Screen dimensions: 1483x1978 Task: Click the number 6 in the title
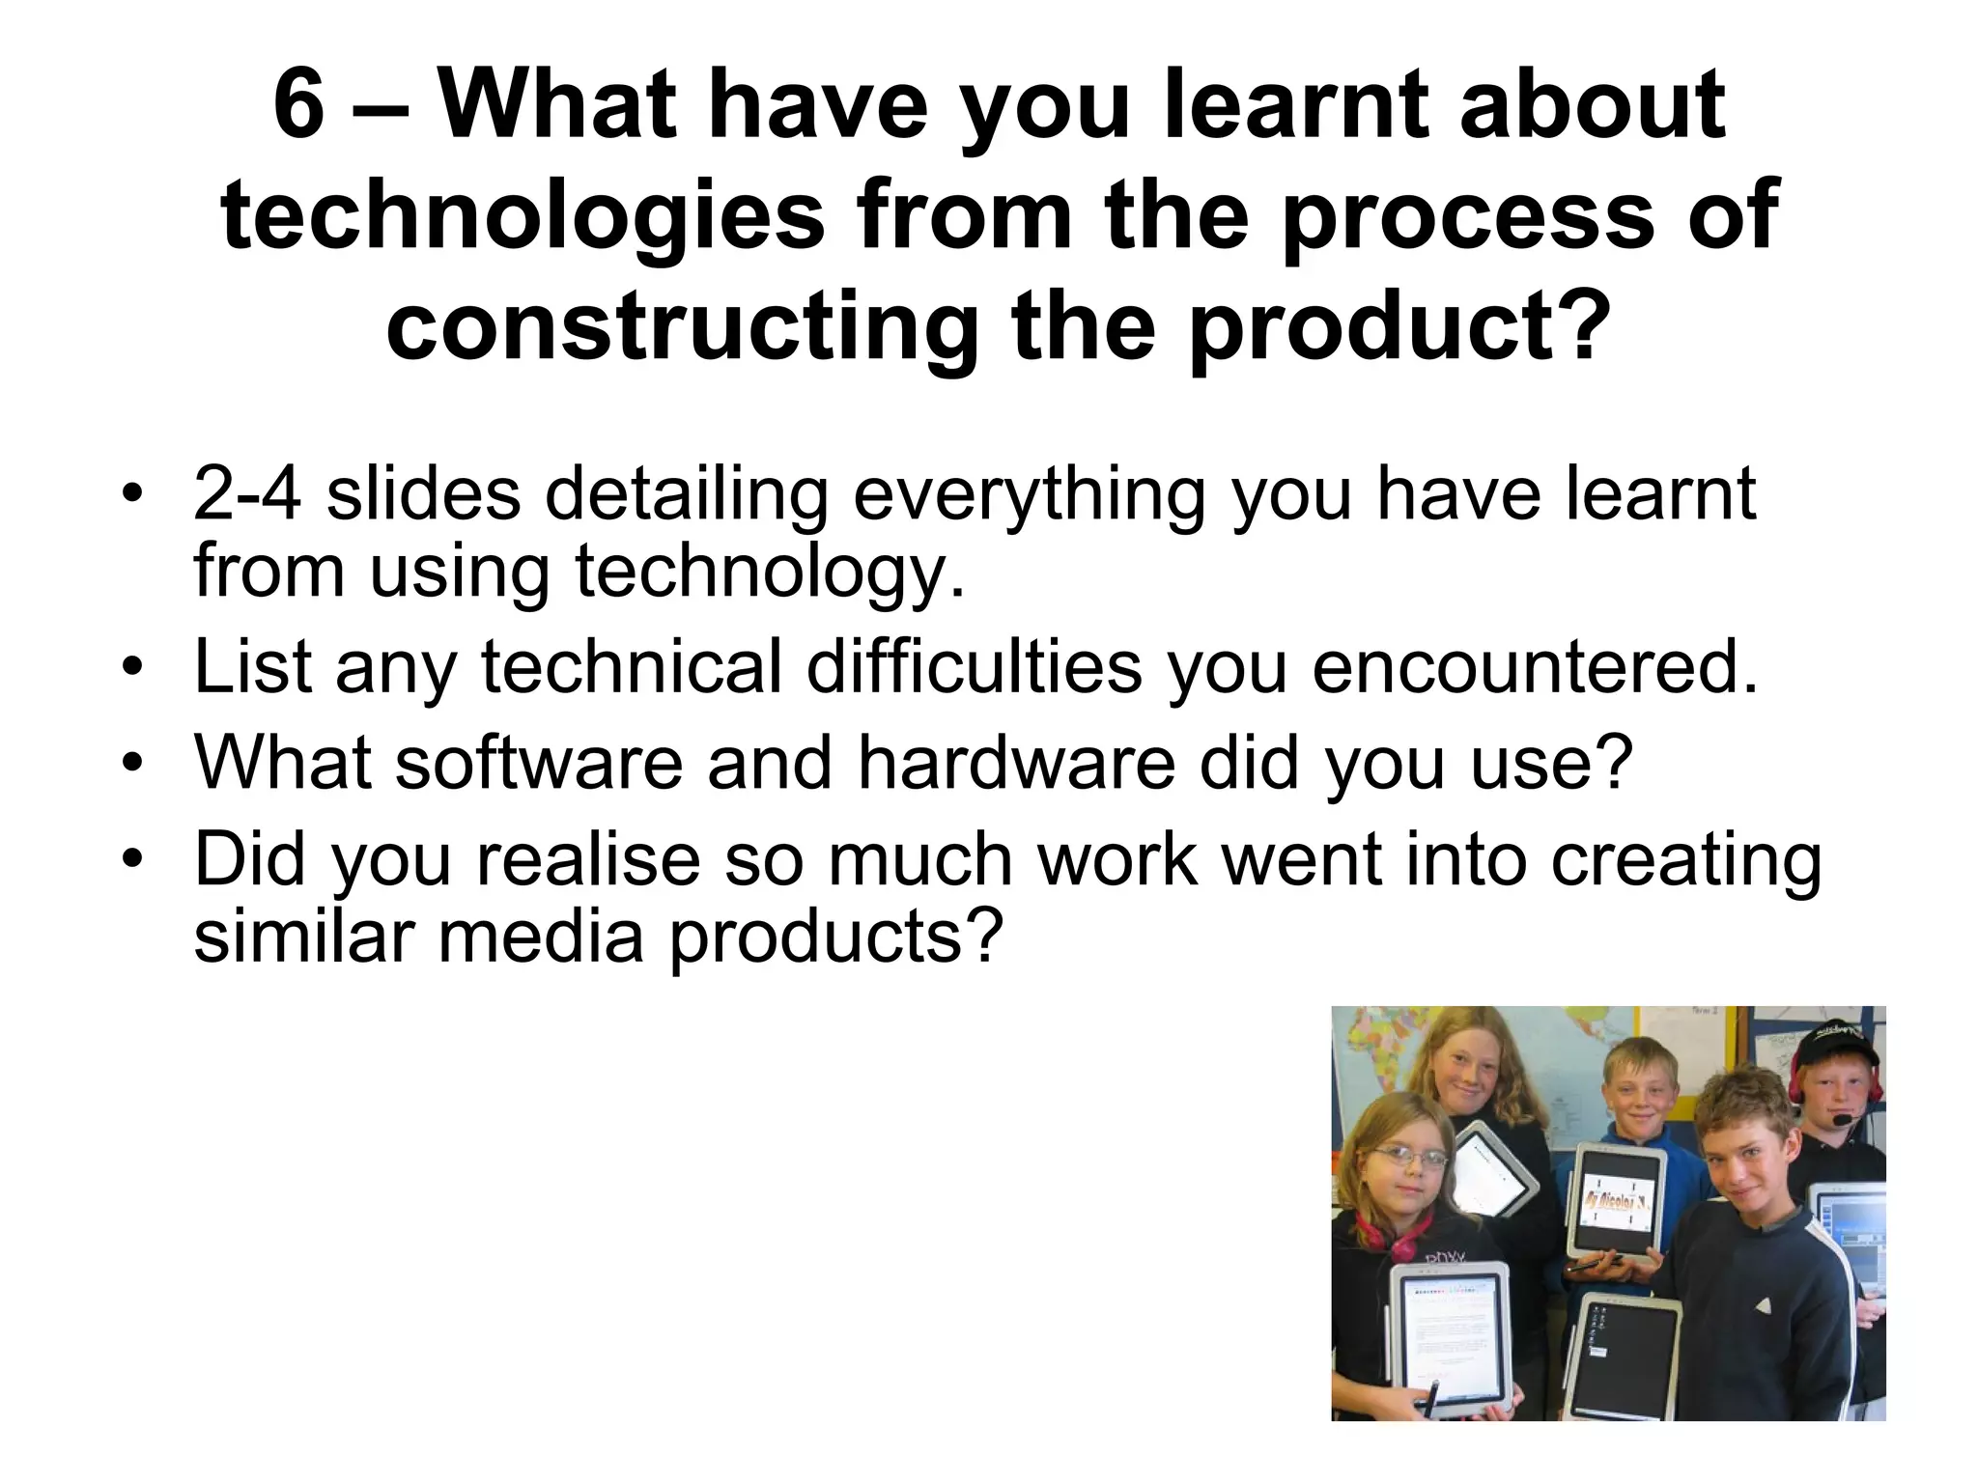298,106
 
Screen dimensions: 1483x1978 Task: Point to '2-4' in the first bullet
247,494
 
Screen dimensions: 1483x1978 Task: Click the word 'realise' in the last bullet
588,858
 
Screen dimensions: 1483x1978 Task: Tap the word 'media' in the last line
541,937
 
